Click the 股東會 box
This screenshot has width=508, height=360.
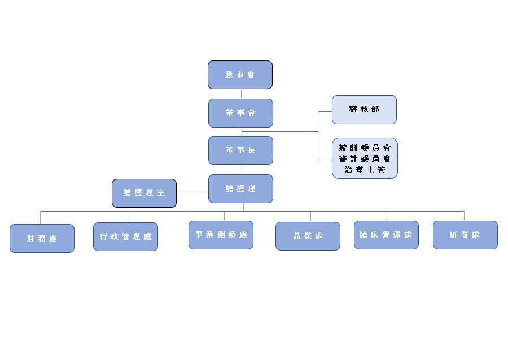tap(240, 74)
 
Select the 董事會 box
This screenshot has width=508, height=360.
tap(240, 113)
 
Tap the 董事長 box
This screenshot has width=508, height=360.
tap(240, 150)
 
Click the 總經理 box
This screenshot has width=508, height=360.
tap(240, 188)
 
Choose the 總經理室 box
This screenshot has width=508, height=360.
tap(144, 193)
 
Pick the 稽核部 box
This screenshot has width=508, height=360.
tap(364, 109)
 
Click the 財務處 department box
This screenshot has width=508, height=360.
tap(42, 238)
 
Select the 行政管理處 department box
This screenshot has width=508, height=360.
tap(125, 236)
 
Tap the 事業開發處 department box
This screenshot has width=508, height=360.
tap(221, 234)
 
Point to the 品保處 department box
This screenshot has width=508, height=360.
tap(308, 236)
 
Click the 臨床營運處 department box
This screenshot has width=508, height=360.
tap(386, 235)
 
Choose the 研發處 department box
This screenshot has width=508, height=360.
tap(465, 235)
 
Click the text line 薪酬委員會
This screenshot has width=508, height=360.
tap(365, 148)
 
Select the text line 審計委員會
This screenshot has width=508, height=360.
tap(365, 159)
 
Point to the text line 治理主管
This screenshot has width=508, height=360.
tap(365, 169)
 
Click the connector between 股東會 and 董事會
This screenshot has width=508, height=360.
tap(241, 94)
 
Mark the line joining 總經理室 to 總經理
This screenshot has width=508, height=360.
tap(192, 191)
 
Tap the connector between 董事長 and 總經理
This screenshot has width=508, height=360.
tap(243, 169)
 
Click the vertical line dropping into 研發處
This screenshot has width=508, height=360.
tap(464, 216)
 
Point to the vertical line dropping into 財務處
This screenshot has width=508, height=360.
tap(41, 217)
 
